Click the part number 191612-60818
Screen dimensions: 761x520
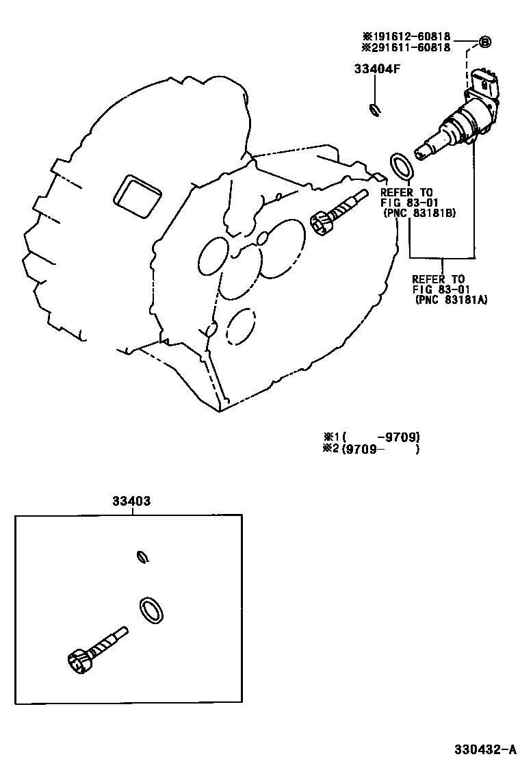pyautogui.click(x=410, y=36)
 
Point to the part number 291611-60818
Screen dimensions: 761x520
pyautogui.click(x=410, y=47)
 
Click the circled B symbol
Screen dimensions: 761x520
pyautogui.click(x=484, y=42)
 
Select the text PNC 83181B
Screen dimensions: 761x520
pyautogui.click(x=420, y=213)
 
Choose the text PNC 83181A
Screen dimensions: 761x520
pyautogui.click(x=451, y=300)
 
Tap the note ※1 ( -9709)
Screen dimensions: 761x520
pyautogui.click(x=372, y=437)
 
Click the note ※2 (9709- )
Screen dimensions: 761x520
pyautogui.click(x=372, y=449)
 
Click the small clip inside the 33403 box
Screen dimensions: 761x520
pyautogui.click(x=142, y=557)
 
